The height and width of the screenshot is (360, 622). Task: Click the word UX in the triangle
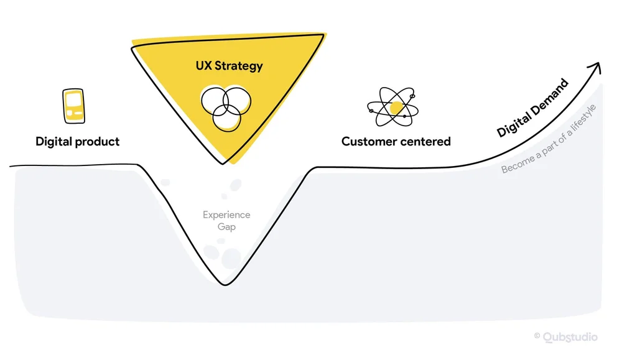point(204,66)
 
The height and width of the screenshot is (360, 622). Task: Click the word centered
point(426,142)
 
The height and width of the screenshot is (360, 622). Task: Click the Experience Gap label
point(226,221)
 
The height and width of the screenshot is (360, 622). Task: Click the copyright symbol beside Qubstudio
point(537,336)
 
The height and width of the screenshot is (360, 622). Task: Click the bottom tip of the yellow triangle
point(223,163)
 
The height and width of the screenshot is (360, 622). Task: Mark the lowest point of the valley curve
point(225,285)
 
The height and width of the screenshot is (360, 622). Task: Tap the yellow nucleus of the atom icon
point(394,109)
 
